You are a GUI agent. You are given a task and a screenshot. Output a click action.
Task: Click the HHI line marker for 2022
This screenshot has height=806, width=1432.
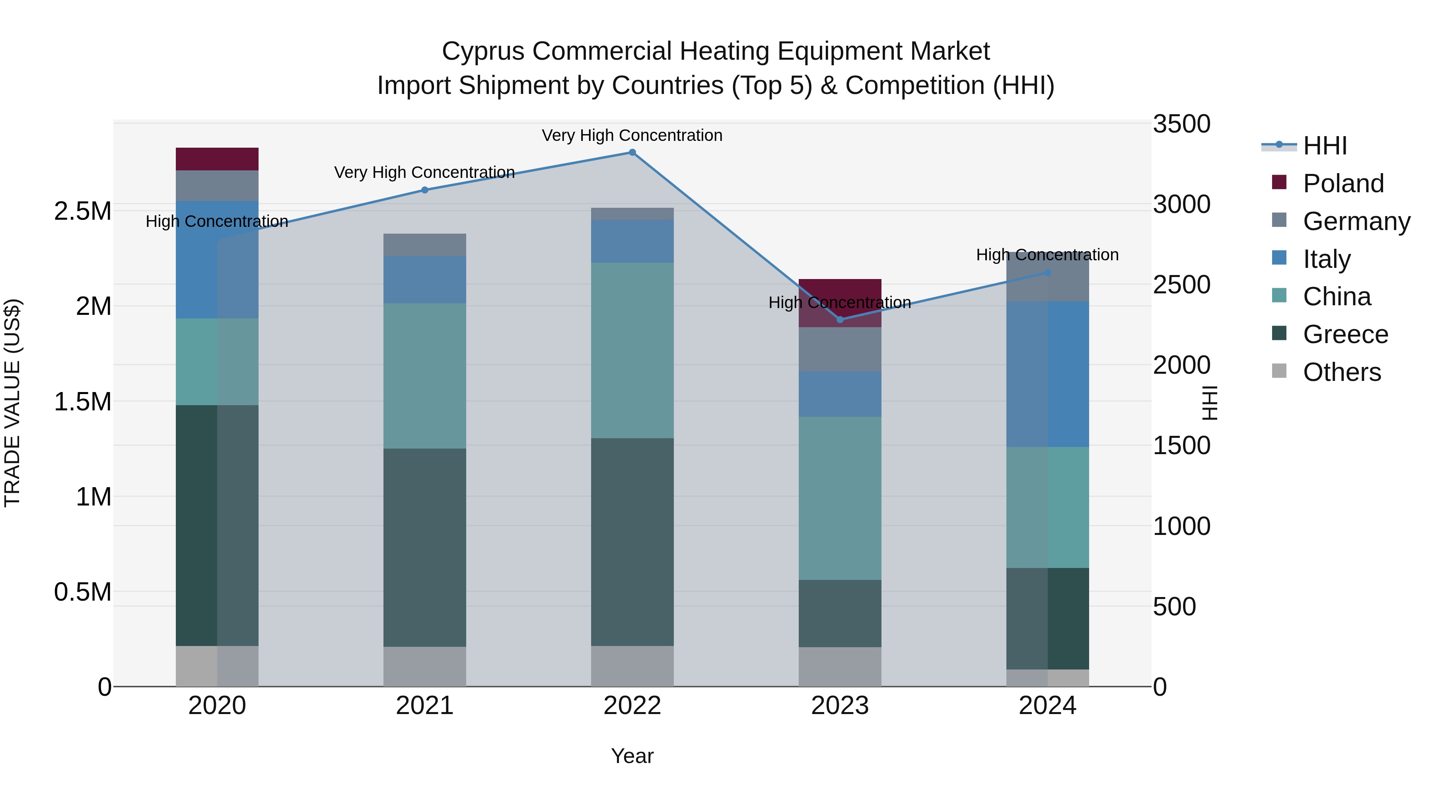click(632, 152)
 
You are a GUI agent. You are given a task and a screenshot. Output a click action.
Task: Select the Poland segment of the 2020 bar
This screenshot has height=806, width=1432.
click(217, 159)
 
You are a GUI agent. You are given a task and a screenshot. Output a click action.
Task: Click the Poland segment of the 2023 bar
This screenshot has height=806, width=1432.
click(840, 295)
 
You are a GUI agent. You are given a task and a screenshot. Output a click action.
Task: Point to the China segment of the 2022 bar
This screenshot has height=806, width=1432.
click(632, 350)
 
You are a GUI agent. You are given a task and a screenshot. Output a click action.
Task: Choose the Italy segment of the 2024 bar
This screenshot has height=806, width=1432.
click(1047, 374)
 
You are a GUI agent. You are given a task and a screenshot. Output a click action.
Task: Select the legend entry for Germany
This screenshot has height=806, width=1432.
click(1356, 221)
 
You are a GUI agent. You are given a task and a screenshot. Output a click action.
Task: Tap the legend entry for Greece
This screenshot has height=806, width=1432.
click(1345, 334)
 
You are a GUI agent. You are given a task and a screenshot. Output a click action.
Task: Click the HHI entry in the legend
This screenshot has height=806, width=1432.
click(1325, 146)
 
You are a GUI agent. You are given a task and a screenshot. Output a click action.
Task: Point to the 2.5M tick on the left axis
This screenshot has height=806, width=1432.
click(82, 211)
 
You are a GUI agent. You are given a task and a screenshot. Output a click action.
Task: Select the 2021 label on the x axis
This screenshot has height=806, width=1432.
click(425, 706)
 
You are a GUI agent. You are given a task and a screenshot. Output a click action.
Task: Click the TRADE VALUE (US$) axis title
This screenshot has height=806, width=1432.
click(12, 403)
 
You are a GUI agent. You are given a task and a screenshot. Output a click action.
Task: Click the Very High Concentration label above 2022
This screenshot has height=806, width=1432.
click(632, 135)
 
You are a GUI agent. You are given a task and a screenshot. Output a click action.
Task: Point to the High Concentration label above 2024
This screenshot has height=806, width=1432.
click(1047, 255)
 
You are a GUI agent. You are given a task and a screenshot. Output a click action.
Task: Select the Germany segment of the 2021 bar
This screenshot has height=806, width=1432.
click(425, 245)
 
